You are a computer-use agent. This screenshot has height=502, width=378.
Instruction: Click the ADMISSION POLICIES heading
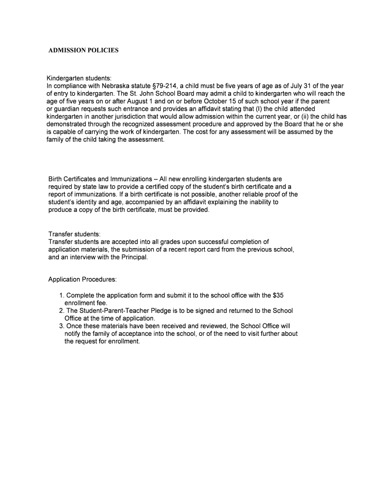(83, 50)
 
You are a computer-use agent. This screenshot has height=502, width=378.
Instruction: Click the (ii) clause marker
(303, 116)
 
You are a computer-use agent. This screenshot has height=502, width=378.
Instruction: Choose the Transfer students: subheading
(74, 234)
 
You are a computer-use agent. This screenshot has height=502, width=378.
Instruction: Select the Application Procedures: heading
(82, 279)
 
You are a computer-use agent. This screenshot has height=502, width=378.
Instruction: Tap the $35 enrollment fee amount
(279, 295)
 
